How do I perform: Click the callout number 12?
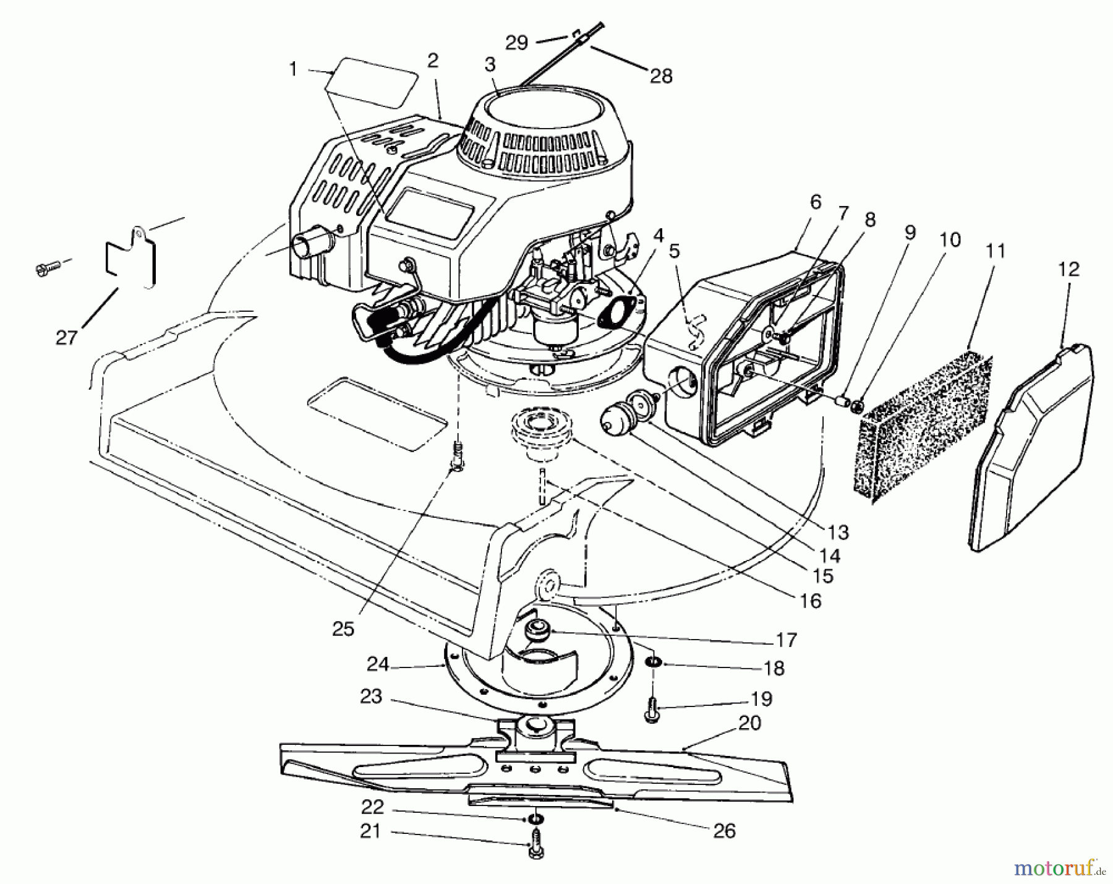pos(1068,270)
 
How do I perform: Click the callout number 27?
pos(66,337)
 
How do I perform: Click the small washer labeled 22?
pos(535,820)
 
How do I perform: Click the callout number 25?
pos(343,629)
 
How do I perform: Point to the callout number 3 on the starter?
pos(490,64)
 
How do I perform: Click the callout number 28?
pos(660,75)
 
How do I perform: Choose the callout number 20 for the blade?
pos(749,723)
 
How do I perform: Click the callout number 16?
pos(810,600)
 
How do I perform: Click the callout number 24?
pos(378,665)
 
